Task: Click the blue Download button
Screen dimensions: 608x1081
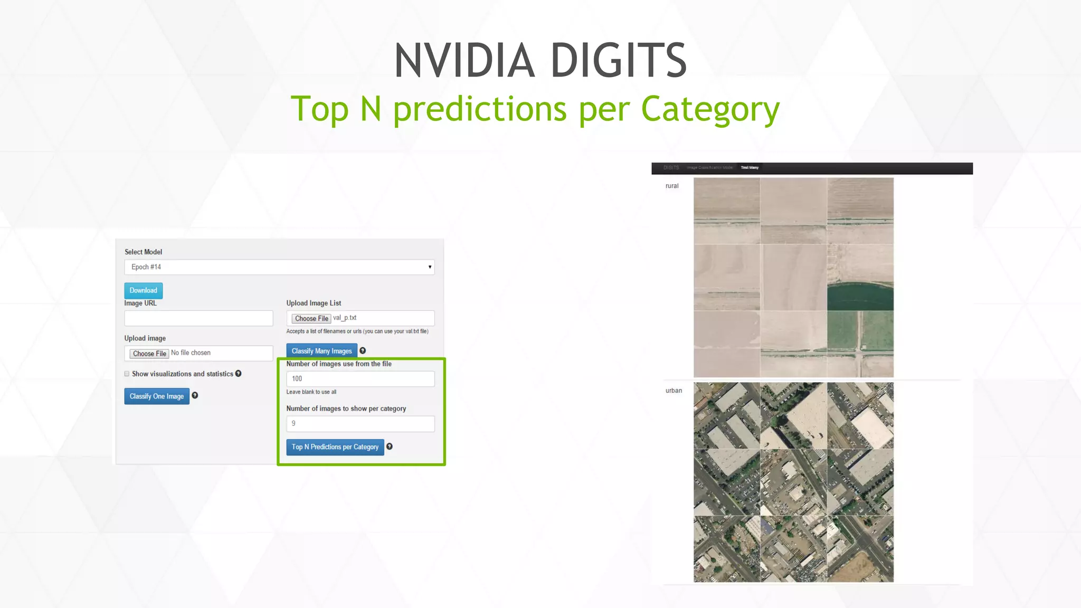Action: (x=143, y=290)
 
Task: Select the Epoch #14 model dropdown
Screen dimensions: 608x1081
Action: (x=279, y=267)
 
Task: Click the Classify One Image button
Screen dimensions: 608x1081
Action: (x=157, y=396)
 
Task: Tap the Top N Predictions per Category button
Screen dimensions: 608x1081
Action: (x=335, y=447)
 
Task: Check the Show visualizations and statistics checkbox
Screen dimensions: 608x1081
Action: (x=127, y=374)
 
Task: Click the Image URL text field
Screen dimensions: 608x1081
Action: (x=198, y=318)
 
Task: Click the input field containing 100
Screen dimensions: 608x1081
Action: (x=360, y=379)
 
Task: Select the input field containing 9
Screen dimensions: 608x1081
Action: (x=360, y=424)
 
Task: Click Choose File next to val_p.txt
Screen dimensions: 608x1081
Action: (x=311, y=318)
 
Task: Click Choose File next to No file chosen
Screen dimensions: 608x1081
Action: (x=149, y=354)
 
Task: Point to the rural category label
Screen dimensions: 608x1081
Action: (x=672, y=186)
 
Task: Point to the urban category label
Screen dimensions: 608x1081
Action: (x=674, y=391)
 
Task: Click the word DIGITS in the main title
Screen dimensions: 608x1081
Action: (x=619, y=61)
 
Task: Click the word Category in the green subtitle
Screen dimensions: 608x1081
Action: (x=710, y=109)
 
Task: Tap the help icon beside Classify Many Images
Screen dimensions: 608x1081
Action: (x=363, y=350)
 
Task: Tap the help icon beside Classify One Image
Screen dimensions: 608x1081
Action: (x=195, y=395)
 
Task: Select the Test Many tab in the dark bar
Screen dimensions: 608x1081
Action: (x=750, y=168)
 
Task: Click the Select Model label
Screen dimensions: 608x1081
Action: (x=143, y=252)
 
